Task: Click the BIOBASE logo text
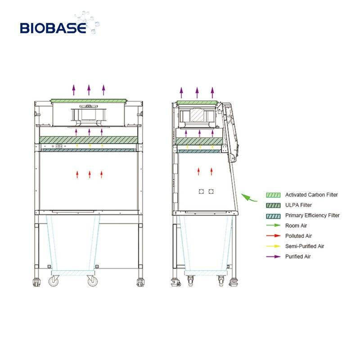pos(53,28)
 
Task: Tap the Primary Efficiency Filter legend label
pos(312,216)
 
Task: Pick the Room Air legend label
pos(296,226)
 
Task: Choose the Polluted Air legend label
pos(299,236)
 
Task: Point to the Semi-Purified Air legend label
pos(305,246)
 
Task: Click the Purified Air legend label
pos(297,256)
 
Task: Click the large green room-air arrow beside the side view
pos(247,197)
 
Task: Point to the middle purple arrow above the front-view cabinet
pos(89,90)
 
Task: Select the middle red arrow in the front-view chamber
pos(90,175)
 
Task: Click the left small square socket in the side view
pos(201,192)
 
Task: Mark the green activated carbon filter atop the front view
pos(88,99)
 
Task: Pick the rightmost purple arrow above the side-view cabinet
pos(212,93)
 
